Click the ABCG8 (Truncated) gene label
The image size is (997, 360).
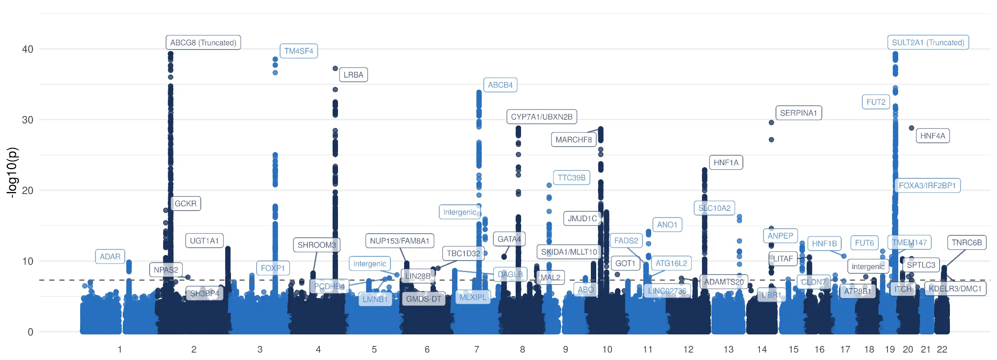click(203, 43)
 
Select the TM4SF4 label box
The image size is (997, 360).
click(298, 51)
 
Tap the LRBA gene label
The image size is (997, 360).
click(353, 75)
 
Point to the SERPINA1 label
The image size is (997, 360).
click(798, 113)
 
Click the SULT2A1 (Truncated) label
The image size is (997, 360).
click(928, 43)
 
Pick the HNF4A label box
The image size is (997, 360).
click(932, 136)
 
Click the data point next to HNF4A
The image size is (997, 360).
click(911, 128)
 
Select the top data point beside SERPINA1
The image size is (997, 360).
click(771, 123)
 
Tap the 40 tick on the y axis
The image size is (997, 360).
click(28, 49)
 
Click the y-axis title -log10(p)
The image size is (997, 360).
click(12, 173)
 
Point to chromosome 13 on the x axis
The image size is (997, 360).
click(728, 349)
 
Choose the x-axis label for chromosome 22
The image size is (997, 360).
click(942, 349)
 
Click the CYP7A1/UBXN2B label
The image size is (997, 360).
click(541, 117)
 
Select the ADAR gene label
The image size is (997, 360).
click(110, 256)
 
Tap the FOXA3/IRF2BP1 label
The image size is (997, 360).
click(927, 185)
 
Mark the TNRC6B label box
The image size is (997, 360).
click(966, 242)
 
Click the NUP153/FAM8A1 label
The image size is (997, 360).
click(399, 241)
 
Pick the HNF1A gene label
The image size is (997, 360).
click(726, 163)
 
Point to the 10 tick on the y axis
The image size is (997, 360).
click(28, 261)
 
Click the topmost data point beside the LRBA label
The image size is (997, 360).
click(335, 69)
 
